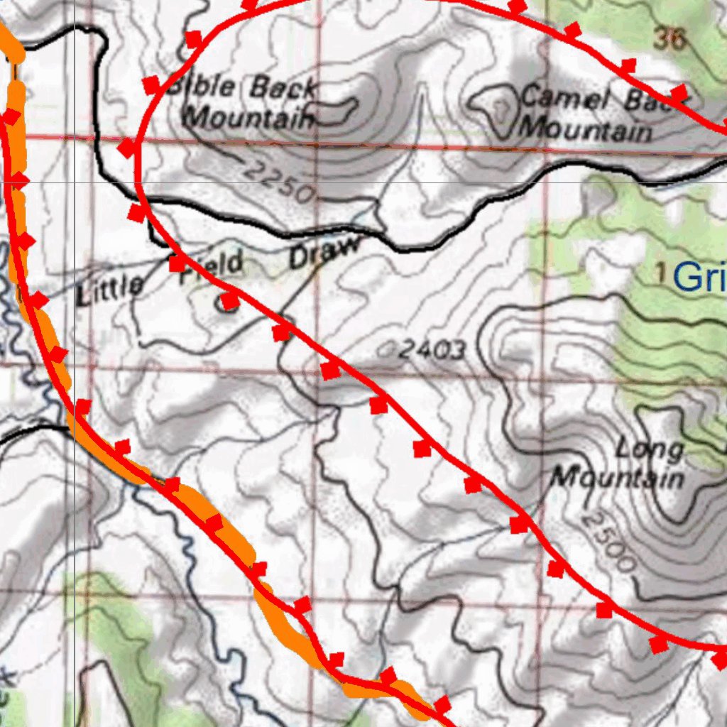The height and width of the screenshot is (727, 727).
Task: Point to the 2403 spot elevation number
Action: click(432, 349)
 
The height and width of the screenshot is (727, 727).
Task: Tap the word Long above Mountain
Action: click(649, 450)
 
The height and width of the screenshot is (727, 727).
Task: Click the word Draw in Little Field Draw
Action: click(323, 252)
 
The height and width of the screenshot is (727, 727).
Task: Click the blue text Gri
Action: click(699, 276)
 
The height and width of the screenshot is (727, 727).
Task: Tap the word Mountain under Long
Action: click(617, 477)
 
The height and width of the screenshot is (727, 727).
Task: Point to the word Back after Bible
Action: click(282, 88)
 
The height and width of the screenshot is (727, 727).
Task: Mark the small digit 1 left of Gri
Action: click(661, 271)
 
